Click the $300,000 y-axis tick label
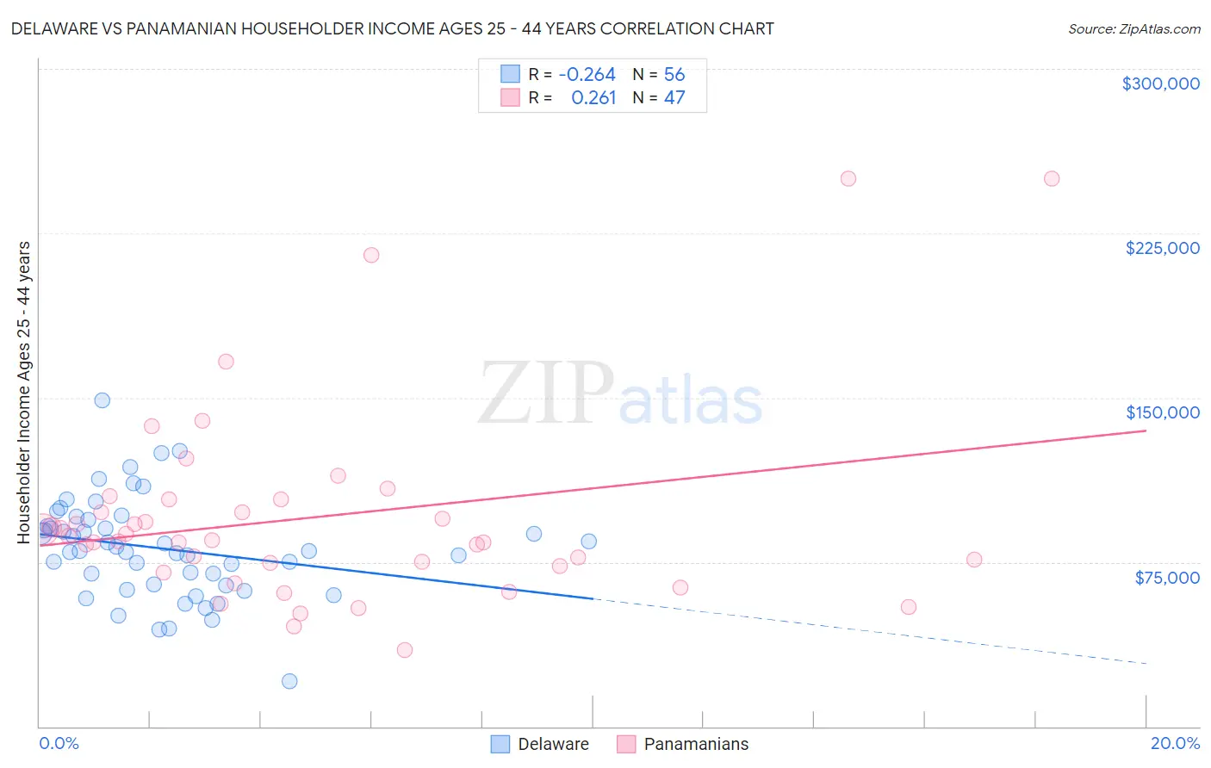[1160, 84]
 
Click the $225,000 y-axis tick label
[1162, 248]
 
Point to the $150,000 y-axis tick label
[1162, 412]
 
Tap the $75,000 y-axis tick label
[1166, 578]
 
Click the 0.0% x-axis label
[59, 743]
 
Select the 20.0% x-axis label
[1175, 743]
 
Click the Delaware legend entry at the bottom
[540, 744]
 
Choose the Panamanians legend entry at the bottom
[682, 744]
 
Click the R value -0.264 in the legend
[587, 75]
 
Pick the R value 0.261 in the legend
[593, 98]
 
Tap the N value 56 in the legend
[674, 75]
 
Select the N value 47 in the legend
[674, 98]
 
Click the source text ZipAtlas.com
[1133, 28]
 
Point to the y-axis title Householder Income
[23, 392]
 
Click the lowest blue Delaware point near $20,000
[289, 681]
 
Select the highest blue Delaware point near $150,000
[102, 400]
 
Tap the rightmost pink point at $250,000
[1052, 179]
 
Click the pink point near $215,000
[371, 255]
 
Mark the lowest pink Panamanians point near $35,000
[405, 650]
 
